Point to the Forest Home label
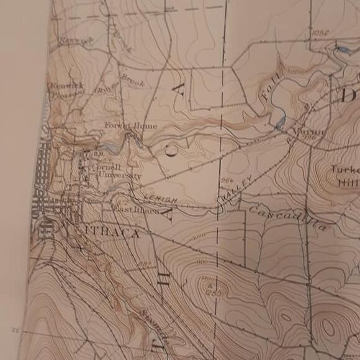pos(131,126)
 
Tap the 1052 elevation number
pos(321,33)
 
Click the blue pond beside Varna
pos(280,120)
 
